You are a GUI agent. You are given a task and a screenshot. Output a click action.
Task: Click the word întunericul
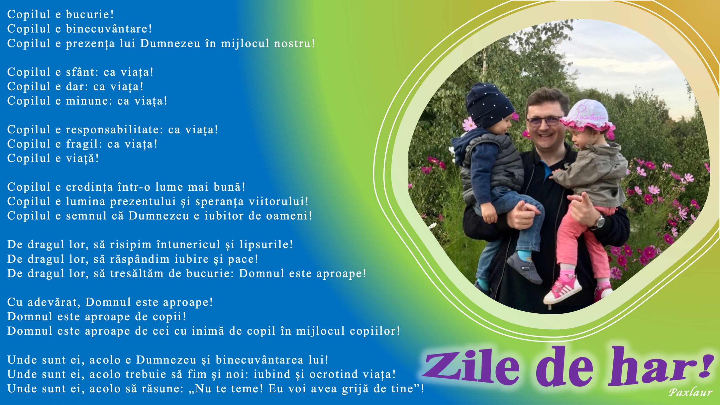188,245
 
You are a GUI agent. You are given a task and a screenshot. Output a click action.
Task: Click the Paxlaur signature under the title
690,392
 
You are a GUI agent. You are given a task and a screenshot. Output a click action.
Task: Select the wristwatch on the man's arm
600,222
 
